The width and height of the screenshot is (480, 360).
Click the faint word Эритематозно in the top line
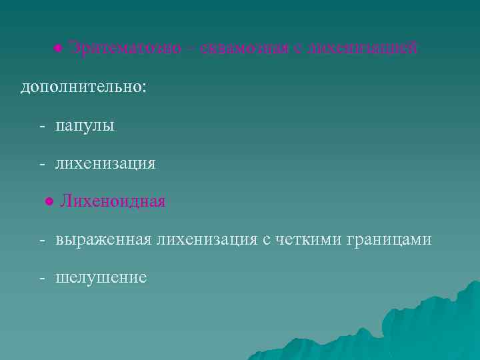pyautogui.click(x=125, y=48)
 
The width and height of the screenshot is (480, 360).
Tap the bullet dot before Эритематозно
pyautogui.click(x=59, y=48)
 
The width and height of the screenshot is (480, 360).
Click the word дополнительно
pyautogui.click(x=82, y=87)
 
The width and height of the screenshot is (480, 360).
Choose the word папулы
pyautogui.click(x=85, y=125)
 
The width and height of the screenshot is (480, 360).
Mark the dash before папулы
pyautogui.click(x=42, y=125)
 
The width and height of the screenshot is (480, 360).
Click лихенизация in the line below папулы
pyautogui.click(x=106, y=163)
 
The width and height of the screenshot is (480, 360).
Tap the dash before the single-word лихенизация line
pyautogui.click(x=42, y=163)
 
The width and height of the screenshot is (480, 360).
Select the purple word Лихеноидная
pyautogui.click(x=113, y=201)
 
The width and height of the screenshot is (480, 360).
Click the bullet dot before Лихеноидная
pyautogui.click(x=49, y=201)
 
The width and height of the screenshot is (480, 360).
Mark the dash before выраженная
pyautogui.click(x=42, y=239)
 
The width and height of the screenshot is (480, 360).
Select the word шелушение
pyautogui.click(x=101, y=277)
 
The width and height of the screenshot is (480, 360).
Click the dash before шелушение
pyautogui.click(x=42, y=277)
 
